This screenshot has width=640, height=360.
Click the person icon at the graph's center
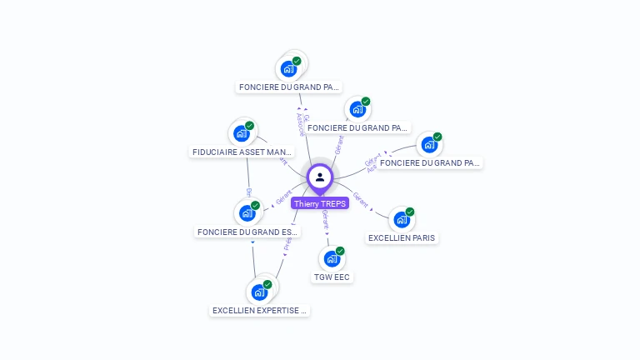click(320, 177)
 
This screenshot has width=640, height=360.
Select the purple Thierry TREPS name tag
click(320, 203)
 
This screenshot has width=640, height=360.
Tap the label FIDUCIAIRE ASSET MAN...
click(242, 152)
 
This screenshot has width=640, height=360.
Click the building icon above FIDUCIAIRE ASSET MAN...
click(242, 133)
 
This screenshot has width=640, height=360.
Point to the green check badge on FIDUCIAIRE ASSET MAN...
click(249, 126)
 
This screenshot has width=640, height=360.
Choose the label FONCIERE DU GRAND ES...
click(247, 232)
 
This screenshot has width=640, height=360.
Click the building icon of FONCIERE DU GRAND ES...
click(247, 213)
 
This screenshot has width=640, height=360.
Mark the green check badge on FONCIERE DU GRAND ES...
click(255, 206)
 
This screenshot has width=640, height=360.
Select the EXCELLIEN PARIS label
click(402, 237)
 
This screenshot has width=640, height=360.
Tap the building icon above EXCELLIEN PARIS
click(402, 220)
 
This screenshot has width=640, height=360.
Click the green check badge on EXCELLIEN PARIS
click(409, 212)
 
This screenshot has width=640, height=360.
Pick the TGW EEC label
click(332, 277)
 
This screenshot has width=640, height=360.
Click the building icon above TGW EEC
click(332, 258)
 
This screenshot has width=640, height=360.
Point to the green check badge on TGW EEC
click(339, 251)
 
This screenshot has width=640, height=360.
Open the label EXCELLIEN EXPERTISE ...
click(260, 311)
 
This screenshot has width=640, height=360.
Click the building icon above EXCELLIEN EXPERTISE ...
click(259, 292)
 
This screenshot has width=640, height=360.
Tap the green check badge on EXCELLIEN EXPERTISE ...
click(267, 284)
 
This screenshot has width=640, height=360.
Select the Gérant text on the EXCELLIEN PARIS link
click(361, 199)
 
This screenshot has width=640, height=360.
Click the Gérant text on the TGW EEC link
click(325, 219)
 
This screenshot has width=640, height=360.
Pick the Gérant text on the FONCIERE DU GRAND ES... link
click(283, 198)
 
